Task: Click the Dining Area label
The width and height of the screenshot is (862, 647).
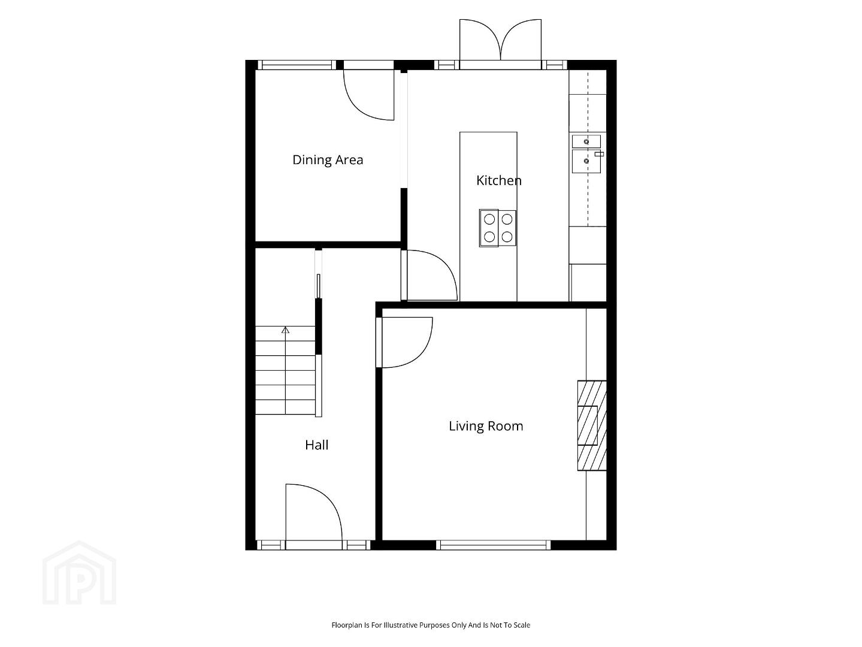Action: (328, 160)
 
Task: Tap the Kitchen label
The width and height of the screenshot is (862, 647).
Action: (499, 180)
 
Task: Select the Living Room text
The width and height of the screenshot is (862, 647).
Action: (486, 426)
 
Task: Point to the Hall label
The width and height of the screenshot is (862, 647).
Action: (316, 445)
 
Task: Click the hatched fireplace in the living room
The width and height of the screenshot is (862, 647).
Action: (592, 425)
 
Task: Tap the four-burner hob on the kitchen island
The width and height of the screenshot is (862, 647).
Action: (498, 228)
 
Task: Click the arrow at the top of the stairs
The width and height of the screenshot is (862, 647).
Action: (286, 330)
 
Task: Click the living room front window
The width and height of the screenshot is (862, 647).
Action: (493, 545)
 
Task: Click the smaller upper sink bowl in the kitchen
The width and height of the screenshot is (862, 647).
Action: (586, 141)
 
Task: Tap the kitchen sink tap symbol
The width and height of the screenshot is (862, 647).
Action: (599, 155)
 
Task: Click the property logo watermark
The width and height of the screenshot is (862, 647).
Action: (79, 573)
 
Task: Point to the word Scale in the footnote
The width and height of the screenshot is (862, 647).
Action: (522, 625)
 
